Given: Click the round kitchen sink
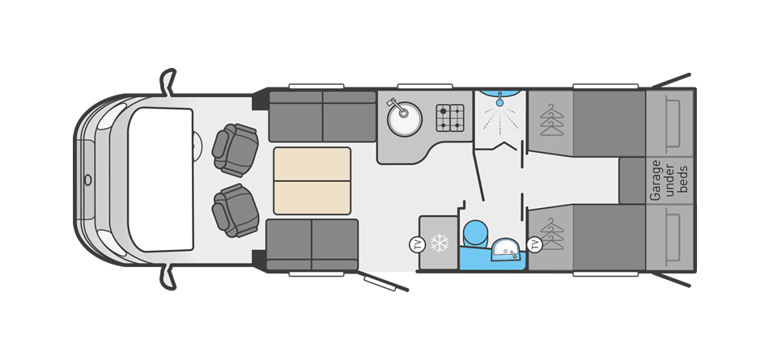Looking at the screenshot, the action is (405, 118).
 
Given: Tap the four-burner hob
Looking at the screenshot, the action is (450, 118).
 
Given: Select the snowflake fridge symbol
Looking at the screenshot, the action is (439, 243).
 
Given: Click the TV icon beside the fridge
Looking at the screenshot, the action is (416, 244).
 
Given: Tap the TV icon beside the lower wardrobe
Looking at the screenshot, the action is (534, 244).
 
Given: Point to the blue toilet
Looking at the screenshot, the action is (474, 232).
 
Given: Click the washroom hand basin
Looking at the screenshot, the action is (506, 249).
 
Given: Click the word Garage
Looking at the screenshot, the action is (655, 180).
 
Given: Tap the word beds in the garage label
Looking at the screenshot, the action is (684, 180).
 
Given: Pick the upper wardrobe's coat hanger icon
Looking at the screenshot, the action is (552, 121).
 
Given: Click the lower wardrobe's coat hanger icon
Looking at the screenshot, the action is (552, 235).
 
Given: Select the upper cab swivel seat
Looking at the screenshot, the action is (236, 150).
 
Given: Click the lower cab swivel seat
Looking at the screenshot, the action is (236, 210).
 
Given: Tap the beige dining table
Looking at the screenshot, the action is (312, 180).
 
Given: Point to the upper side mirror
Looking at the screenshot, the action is (168, 81).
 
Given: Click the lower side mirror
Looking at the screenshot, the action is (168, 277).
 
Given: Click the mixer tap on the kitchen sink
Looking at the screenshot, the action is (397, 108).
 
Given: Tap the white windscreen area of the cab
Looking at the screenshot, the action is (161, 180).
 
